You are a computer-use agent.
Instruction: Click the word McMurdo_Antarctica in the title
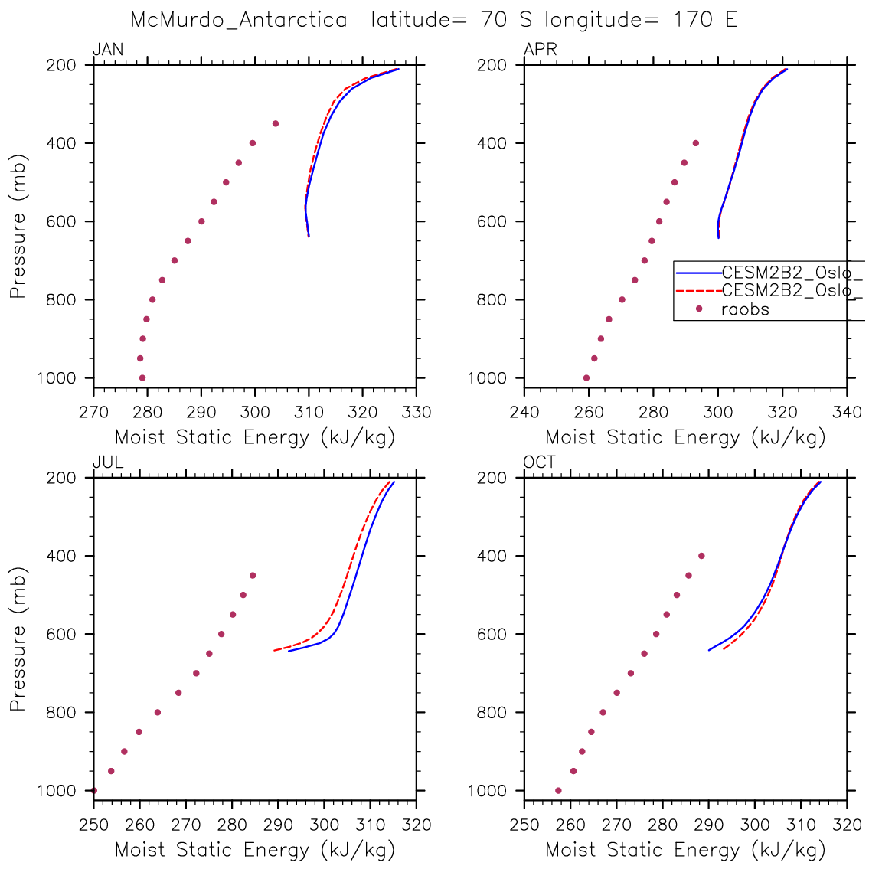239,20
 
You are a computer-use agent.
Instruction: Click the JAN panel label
108,51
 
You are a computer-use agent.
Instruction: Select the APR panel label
540,51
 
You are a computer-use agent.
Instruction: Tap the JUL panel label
108,463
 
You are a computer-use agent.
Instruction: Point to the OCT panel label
540,463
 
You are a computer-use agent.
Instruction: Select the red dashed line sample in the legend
697,291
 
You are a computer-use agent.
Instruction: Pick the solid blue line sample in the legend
697,272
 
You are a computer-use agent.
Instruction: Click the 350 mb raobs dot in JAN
276,123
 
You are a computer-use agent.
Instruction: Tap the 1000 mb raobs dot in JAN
142,377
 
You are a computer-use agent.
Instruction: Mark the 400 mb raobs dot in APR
696,143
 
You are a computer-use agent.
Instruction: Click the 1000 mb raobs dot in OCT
558,790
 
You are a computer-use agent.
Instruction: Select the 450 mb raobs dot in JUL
253,575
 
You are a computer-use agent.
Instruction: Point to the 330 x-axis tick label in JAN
417,413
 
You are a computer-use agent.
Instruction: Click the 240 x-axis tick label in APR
524,413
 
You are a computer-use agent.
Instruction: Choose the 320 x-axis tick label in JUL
417,825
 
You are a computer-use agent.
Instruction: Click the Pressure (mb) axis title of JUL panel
18,639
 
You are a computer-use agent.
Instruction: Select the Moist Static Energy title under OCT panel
685,849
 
